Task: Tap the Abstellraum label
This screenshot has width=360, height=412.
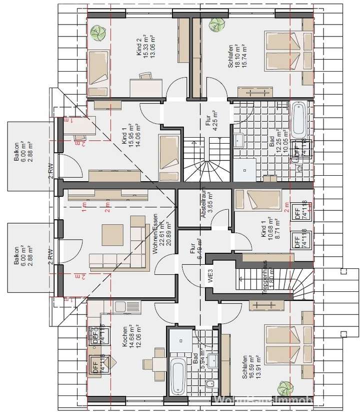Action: (x=203, y=206)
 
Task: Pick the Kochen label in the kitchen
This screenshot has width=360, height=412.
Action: (x=122, y=337)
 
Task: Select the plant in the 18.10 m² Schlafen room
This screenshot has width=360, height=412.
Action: (x=217, y=25)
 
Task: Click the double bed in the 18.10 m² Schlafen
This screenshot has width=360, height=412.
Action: (x=281, y=52)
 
